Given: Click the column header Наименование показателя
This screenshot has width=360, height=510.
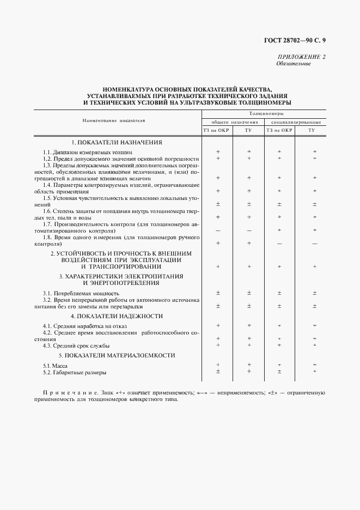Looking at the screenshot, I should click(114, 120).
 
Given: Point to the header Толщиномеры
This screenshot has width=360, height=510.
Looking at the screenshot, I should click(264, 113).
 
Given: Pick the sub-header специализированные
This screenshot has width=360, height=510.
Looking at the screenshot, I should click(296, 123).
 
